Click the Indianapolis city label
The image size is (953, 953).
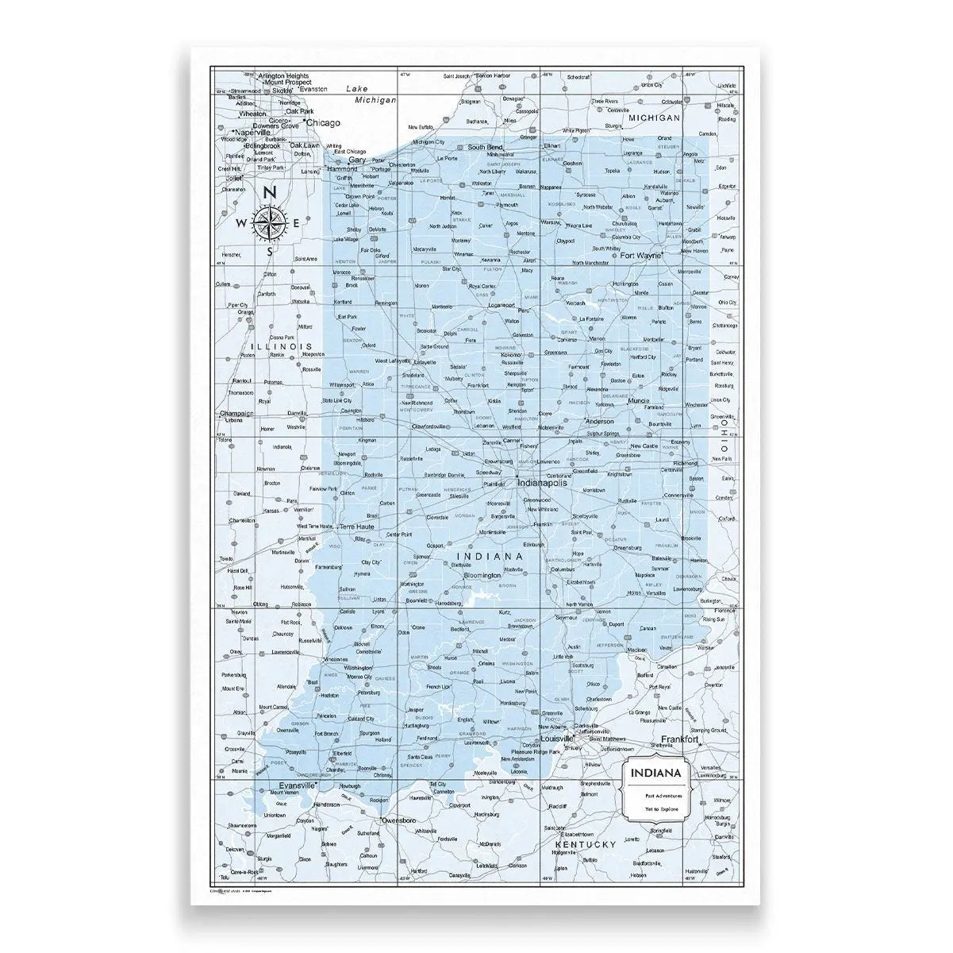click(543, 482)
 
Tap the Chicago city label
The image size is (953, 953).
click(322, 123)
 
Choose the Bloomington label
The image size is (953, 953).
click(482, 575)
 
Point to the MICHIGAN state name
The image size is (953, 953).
click(655, 118)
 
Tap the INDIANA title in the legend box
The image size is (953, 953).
click(655, 773)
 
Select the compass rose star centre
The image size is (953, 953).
click(270, 223)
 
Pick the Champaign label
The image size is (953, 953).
click(236, 413)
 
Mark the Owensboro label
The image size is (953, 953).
click(399, 819)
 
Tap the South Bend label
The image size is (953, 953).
click(485, 148)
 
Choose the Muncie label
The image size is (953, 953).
click(638, 402)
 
